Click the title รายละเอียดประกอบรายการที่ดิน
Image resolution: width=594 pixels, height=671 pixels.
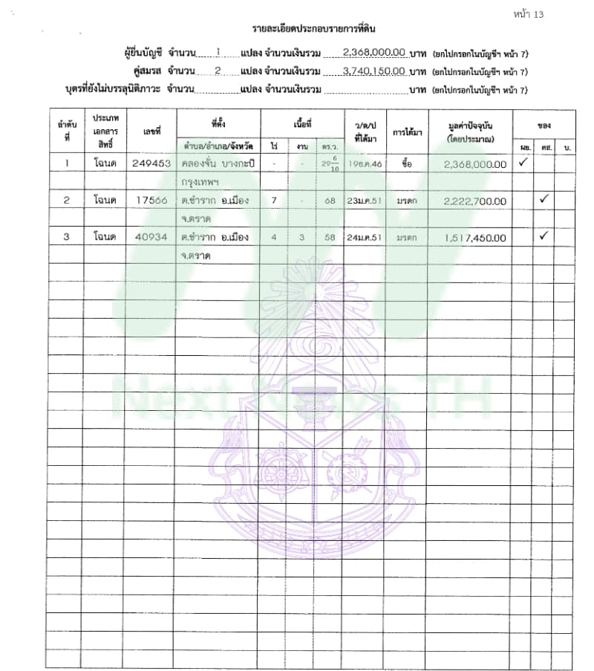coord(313,29)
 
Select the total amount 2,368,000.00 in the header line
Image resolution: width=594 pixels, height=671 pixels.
coord(374,53)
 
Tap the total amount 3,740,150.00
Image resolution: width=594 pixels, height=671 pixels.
coord(374,71)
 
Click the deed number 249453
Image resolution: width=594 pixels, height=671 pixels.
coord(151,163)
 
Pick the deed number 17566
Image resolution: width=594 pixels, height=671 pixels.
coord(151,201)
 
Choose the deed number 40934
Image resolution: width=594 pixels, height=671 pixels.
coord(151,238)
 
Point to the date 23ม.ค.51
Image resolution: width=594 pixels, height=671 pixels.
coord(365,201)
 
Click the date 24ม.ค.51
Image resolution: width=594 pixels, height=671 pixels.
coord(365,238)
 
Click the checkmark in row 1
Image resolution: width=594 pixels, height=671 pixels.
coord(523,162)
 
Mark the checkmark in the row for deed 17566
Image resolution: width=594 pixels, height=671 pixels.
coord(544,199)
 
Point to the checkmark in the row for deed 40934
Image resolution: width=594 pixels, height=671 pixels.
coord(544,236)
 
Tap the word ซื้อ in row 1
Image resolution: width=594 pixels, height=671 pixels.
coord(406,163)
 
